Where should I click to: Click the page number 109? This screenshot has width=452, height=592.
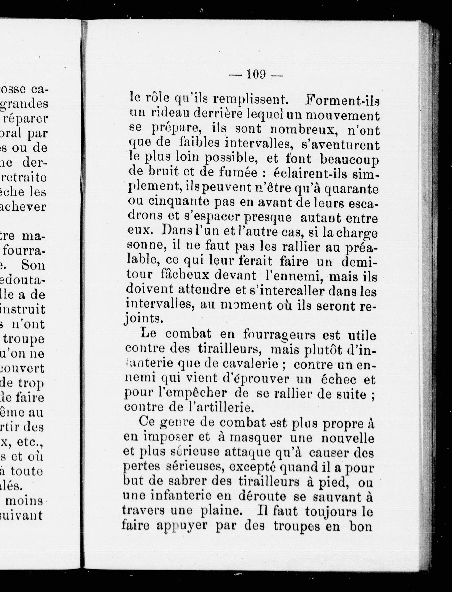[256, 74]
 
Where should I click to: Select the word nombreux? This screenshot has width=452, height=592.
[304, 130]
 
